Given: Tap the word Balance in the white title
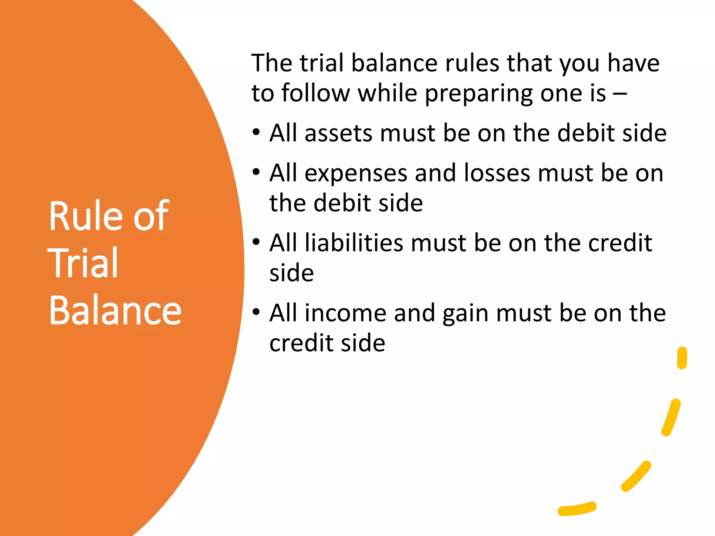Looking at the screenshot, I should [x=115, y=310].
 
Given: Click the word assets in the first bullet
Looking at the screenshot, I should [x=338, y=134].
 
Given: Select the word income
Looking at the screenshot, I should [x=345, y=313].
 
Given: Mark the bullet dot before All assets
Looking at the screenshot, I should [x=256, y=133].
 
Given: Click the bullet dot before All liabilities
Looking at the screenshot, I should [x=256, y=242].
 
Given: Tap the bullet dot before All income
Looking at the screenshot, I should [x=256, y=312].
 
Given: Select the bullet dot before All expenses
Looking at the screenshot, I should [x=256, y=172].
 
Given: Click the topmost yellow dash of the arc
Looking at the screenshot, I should [x=682, y=358].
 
